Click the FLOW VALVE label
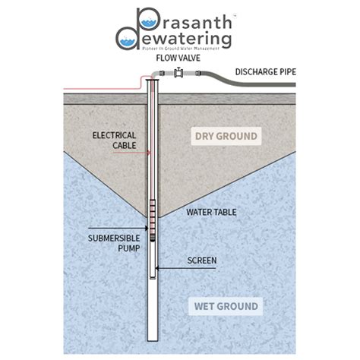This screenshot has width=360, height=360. (x=177, y=58)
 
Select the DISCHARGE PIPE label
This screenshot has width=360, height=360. (x=265, y=71)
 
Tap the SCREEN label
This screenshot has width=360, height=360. (x=202, y=261)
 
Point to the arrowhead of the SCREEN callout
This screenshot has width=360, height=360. (x=156, y=267)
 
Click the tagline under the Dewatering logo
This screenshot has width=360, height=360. (x=180, y=48)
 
